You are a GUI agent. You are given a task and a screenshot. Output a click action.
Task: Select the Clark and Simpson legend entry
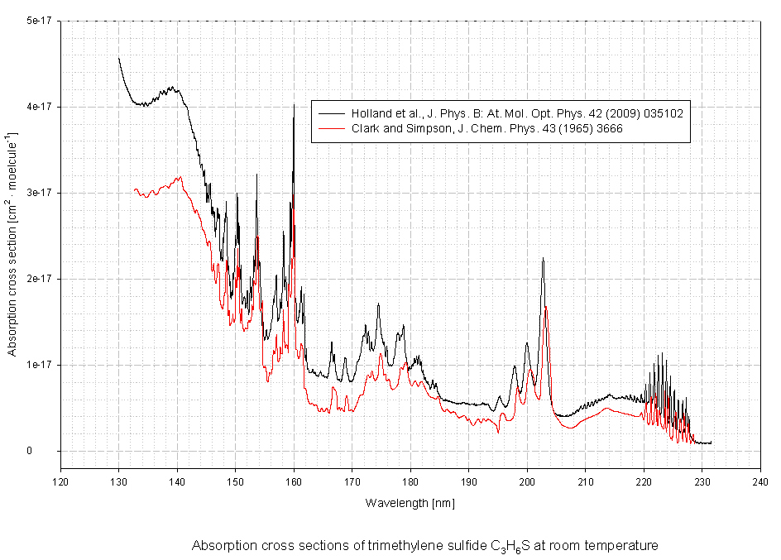pyautogui.click(x=487, y=128)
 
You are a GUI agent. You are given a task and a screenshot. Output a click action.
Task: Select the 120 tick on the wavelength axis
pyautogui.click(x=60, y=480)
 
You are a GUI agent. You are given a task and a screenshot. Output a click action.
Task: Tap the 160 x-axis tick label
pyautogui.click(x=294, y=480)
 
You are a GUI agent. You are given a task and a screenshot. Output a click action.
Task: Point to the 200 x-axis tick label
pyautogui.click(x=527, y=480)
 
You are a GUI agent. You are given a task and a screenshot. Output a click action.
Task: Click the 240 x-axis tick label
pyautogui.click(x=760, y=480)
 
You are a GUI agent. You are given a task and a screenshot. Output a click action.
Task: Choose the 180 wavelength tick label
pyautogui.click(x=410, y=480)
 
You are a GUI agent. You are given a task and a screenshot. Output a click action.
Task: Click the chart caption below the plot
pyautogui.click(x=424, y=546)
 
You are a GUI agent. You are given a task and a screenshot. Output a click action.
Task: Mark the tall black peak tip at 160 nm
pyautogui.click(x=294, y=105)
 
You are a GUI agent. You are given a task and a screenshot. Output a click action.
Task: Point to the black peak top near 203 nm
pyautogui.click(x=543, y=259)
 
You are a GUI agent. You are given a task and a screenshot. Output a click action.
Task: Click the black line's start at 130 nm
pyautogui.click(x=119, y=58)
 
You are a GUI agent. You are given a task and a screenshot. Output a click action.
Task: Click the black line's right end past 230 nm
pyautogui.click(x=711, y=443)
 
